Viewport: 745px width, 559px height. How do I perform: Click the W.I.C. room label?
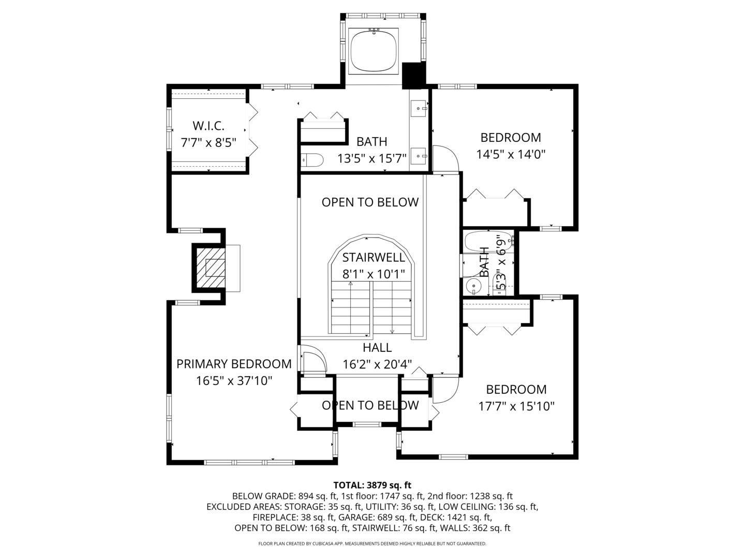(208, 126)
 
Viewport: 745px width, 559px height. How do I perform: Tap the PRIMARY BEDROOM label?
(234, 364)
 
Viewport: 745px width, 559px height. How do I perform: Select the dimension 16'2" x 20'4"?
(377, 364)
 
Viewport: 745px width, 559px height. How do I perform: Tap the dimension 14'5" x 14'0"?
(511, 154)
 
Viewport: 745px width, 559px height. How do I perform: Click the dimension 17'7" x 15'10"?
(516, 406)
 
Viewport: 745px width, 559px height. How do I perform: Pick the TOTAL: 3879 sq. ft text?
(372, 485)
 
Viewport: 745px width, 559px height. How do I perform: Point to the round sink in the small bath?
(473, 285)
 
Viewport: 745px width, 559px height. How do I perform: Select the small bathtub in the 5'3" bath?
(488, 242)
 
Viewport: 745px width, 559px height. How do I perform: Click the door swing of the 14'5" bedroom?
(445, 158)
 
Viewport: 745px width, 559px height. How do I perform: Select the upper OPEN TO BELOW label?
(370, 202)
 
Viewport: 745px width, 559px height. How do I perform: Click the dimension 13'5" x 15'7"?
(372, 158)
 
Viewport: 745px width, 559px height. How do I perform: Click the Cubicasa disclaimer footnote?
(372, 543)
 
